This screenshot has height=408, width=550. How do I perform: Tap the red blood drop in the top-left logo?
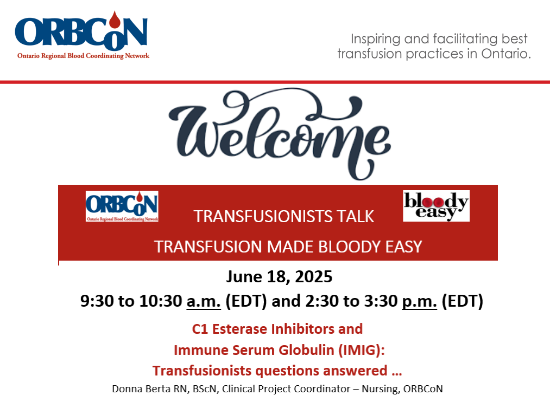click(x=115, y=20)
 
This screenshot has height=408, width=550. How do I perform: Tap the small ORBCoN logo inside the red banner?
click(x=122, y=206)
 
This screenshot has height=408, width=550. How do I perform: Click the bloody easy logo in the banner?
click(x=436, y=206)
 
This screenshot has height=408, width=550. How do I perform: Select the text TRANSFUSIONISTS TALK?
click(x=284, y=217)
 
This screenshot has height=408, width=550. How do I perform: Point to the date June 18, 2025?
click(x=279, y=277)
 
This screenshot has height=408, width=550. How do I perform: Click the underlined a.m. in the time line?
click(x=204, y=301)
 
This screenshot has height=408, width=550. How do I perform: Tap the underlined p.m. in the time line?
click(x=419, y=301)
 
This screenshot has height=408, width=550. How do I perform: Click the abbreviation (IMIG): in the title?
click(x=361, y=350)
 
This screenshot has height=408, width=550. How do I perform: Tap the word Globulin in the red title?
click(x=305, y=350)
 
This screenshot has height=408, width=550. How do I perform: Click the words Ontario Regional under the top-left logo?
click(x=41, y=56)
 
